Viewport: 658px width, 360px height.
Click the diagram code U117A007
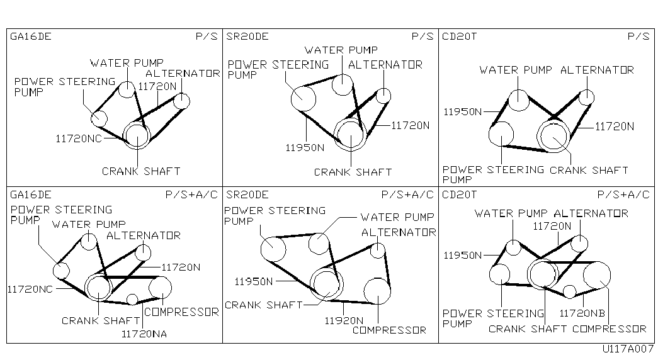tap(628, 349)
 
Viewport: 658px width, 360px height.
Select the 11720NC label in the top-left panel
tap(79, 138)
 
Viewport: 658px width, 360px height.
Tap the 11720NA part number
tap(144, 334)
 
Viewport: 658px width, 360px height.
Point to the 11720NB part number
tap(582, 313)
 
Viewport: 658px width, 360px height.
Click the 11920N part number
tap(344, 320)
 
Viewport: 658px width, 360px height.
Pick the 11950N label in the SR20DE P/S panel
tap(305, 148)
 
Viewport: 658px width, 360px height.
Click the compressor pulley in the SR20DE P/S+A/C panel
tap(377, 291)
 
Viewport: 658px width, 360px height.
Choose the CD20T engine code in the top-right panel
tap(460, 37)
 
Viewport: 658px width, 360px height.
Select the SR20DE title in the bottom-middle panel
tap(247, 194)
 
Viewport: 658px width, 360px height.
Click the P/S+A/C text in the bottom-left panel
tap(191, 194)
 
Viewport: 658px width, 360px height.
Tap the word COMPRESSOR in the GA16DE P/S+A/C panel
tap(182, 312)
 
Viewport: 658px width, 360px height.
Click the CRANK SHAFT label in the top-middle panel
tap(353, 172)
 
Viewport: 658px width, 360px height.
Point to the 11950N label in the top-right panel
tap(463, 112)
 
